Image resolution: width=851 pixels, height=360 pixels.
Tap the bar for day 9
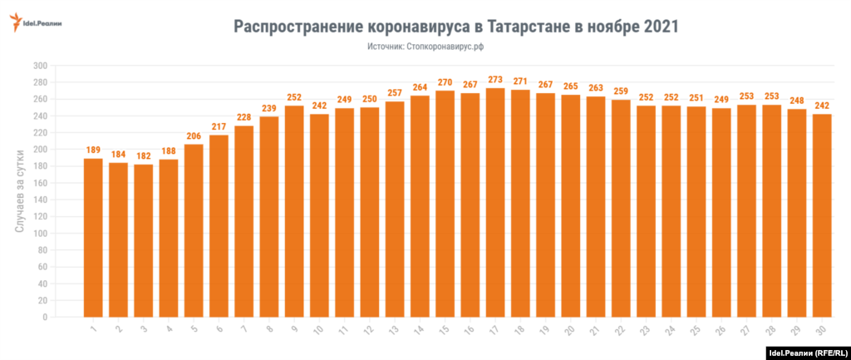coord(295,211)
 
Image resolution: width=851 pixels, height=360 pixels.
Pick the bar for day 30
coord(822,215)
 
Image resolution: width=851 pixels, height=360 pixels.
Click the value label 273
coord(495,81)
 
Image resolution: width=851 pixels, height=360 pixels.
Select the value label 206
coord(194,136)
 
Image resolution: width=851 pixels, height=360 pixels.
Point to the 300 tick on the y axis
coord(39,66)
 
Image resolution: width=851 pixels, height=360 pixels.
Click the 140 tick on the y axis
coord(39,200)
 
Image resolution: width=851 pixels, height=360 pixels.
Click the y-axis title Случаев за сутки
coord(20,191)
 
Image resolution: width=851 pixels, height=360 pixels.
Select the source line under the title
coord(425,47)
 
